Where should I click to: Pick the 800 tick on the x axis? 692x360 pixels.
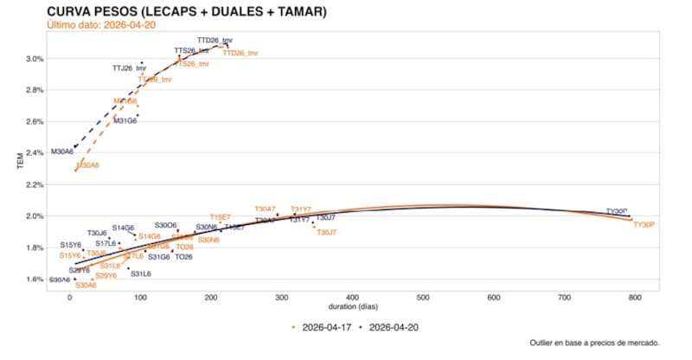[635, 298]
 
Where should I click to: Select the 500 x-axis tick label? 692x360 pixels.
[423, 298]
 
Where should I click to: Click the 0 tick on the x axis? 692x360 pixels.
[70, 298]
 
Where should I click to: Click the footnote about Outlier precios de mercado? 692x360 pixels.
[595, 344]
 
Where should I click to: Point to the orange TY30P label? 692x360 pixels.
[644, 225]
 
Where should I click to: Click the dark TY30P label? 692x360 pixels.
[616, 211]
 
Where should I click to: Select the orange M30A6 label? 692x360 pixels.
[87, 164]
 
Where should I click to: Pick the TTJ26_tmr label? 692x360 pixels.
[129, 67]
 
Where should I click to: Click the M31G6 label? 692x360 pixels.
[125, 120]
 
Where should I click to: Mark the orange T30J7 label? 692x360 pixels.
[327, 232]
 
